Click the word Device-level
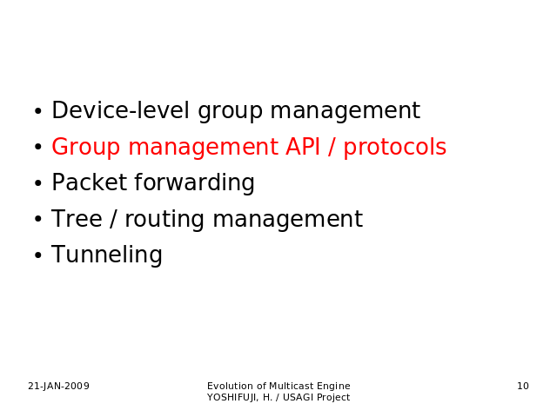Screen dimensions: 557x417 [x=120, y=110]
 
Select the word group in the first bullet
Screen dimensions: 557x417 [x=230, y=112]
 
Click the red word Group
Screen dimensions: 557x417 [x=86, y=148]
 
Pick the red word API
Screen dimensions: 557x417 [x=303, y=147]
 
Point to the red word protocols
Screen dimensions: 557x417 [x=394, y=148]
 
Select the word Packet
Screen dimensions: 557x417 [x=90, y=182]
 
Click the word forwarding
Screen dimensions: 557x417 [x=194, y=183]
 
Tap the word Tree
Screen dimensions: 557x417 [x=77, y=218]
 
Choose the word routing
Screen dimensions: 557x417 [x=164, y=220]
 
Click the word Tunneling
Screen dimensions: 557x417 [x=107, y=255]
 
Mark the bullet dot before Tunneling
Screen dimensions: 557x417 [x=38, y=255]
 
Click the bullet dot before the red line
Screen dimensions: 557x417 [x=38, y=147]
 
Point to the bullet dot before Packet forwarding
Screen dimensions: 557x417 [x=38, y=183]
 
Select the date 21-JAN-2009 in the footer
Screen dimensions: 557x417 [x=58, y=386]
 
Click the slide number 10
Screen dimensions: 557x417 [x=523, y=386]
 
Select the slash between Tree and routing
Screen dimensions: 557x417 [x=113, y=218]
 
